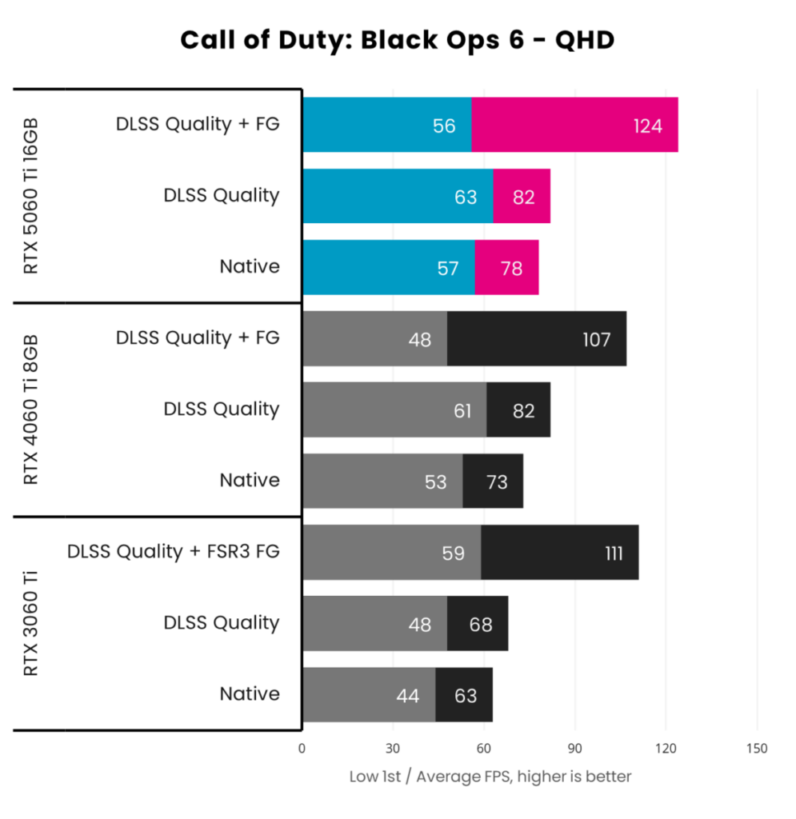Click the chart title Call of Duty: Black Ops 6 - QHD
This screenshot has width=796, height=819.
pos(398,39)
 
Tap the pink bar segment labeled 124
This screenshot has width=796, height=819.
pos(574,125)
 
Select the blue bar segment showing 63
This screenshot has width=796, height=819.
pos(398,196)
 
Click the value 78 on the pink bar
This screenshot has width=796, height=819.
pos(511,268)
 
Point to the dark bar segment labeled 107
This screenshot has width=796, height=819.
pos(536,339)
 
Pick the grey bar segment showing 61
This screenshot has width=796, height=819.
pos(395,410)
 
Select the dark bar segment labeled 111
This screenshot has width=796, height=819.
pos(559,553)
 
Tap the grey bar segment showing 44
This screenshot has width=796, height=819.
pos(369,696)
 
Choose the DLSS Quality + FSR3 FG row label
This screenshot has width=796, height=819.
pos(174,552)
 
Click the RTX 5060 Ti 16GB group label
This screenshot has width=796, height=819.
pos(30,196)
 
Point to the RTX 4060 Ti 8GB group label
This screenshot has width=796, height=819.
pos(30,409)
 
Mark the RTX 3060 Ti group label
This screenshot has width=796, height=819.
pos(30,624)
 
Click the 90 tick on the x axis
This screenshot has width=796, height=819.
pos(575,749)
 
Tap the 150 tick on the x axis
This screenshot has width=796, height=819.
pos(756,749)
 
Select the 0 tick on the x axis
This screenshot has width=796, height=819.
pos(302,749)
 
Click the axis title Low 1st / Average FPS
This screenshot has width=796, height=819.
pos(490,777)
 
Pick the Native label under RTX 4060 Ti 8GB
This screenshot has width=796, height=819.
pos(250,481)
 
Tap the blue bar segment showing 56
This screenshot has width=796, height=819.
pos(387,125)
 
